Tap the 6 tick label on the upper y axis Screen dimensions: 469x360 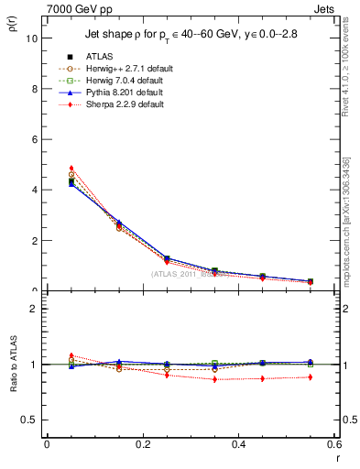[x=33, y=139]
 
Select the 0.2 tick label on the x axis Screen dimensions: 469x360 [x=143, y=444]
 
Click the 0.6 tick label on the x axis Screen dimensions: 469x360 [x=335, y=444]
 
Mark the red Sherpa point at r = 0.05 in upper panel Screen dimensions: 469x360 [x=71, y=169]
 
